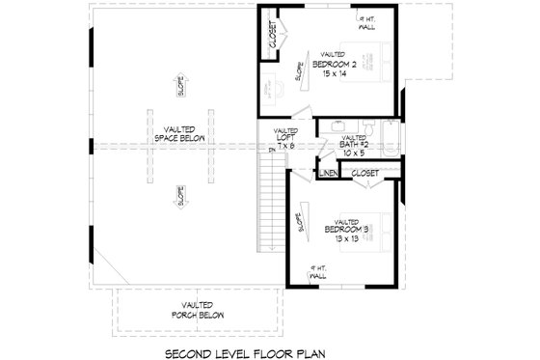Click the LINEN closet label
[329, 173]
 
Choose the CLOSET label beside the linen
[364, 173]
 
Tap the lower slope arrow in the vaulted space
[179, 191]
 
